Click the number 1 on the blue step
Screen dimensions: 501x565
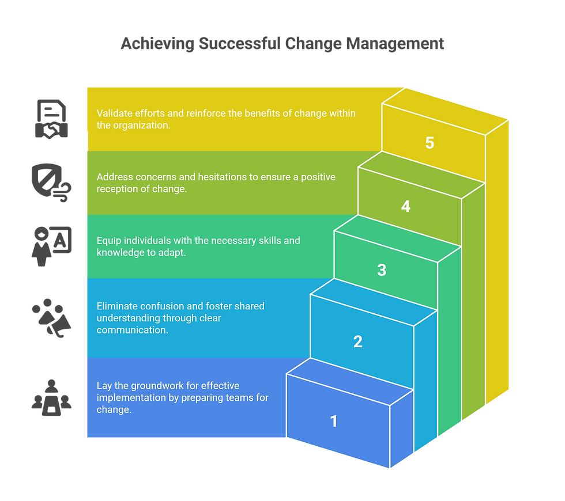[x=333, y=421]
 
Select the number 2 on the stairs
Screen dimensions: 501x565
[x=357, y=341]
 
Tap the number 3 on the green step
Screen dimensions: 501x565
[x=382, y=270]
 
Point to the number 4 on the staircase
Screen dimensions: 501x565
[x=406, y=206]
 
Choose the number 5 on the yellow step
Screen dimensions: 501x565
[x=430, y=143]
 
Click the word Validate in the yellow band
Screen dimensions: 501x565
[x=114, y=113]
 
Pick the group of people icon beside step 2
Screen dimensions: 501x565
[x=51, y=317]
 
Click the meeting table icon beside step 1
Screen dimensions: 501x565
[x=51, y=397]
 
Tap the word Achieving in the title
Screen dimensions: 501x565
[x=157, y=44]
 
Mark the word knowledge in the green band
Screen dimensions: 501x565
[x=120, y=252]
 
